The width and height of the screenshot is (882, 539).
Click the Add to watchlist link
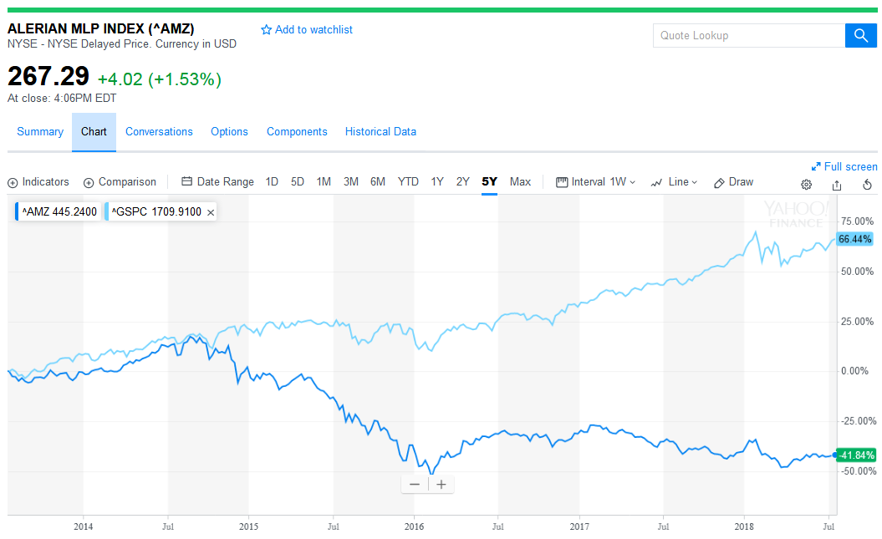tap(307, 30)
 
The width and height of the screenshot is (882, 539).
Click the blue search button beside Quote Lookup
tap(860, 35)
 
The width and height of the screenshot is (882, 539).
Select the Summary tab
tap(40, 132)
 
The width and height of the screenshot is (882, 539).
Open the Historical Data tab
tap(380, 132)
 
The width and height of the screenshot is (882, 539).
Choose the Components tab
tap(297, 132)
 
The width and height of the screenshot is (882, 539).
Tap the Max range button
tap(520, 182)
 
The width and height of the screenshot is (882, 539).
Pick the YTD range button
tap(408, 182)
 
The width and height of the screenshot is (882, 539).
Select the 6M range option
tap(378, 182)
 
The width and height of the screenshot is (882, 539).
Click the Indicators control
tap(38, 182)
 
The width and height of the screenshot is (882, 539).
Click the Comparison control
tap(120, 182)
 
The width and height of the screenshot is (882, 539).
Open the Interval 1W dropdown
tap(596, 182)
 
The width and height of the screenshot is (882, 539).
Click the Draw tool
tap(733, 182)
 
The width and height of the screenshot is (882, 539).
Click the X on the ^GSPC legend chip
tap(211, 212)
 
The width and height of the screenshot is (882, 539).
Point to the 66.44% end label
tap(855, 240)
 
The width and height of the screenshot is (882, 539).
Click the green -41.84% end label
tap(855, 455)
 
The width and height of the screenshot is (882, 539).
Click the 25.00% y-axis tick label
tap(857, 322)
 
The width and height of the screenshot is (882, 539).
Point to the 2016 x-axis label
tap(415, 526)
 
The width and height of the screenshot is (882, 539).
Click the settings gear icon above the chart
tap(806, 185)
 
